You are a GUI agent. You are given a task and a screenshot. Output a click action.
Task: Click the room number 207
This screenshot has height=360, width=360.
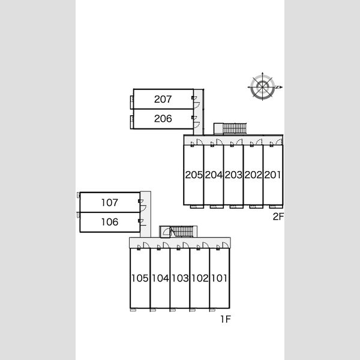click(163, 99)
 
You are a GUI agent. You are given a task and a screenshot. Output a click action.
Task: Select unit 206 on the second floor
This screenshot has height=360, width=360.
click(163, 119)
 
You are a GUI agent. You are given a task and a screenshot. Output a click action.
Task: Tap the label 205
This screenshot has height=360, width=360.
click(194, 175)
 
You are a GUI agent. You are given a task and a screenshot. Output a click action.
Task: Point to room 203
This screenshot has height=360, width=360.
click(233, 175)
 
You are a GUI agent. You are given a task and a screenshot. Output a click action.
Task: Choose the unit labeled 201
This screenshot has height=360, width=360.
click(272, 175)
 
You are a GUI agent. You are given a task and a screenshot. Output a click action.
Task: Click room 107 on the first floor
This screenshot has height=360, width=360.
click(110, 203)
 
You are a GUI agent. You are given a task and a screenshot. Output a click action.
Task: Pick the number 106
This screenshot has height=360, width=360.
click(110, 222)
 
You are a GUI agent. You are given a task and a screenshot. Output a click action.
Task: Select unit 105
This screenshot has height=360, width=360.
click(140, 278)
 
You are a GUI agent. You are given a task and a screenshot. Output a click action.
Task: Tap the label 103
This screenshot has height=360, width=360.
click(180, 278)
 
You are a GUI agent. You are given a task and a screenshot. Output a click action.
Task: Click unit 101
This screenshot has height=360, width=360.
click(219, 278)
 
